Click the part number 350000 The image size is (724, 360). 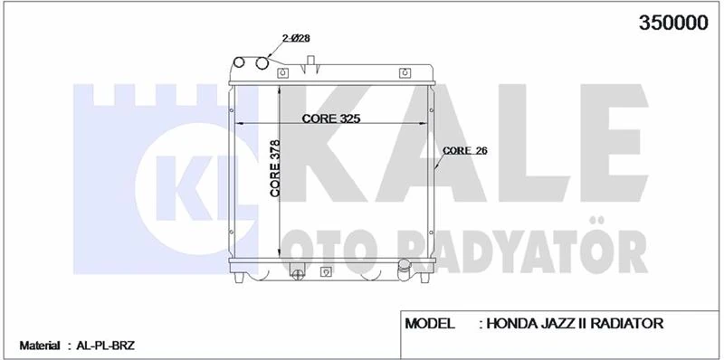click(672, 23)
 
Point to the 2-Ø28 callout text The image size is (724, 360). click(296, 38)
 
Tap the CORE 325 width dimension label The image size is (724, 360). click(330, 118)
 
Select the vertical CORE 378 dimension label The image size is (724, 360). click(274, 168)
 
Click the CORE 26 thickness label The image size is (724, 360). click(464, 150)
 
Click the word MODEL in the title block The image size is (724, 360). click(429, 324)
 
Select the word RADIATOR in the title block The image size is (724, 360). click(627, 324)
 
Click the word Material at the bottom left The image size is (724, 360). click(40, 346)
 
